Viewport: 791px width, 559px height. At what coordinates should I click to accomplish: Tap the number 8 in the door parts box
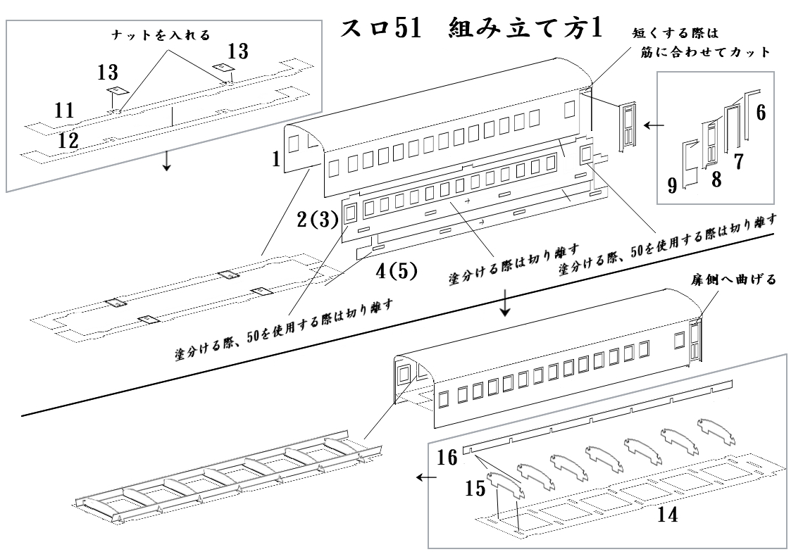[x=717, y=178]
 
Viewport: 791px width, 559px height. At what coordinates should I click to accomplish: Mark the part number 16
[x=446, y=458]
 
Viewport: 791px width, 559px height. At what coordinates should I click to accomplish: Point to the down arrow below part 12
[x=166, y=162]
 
